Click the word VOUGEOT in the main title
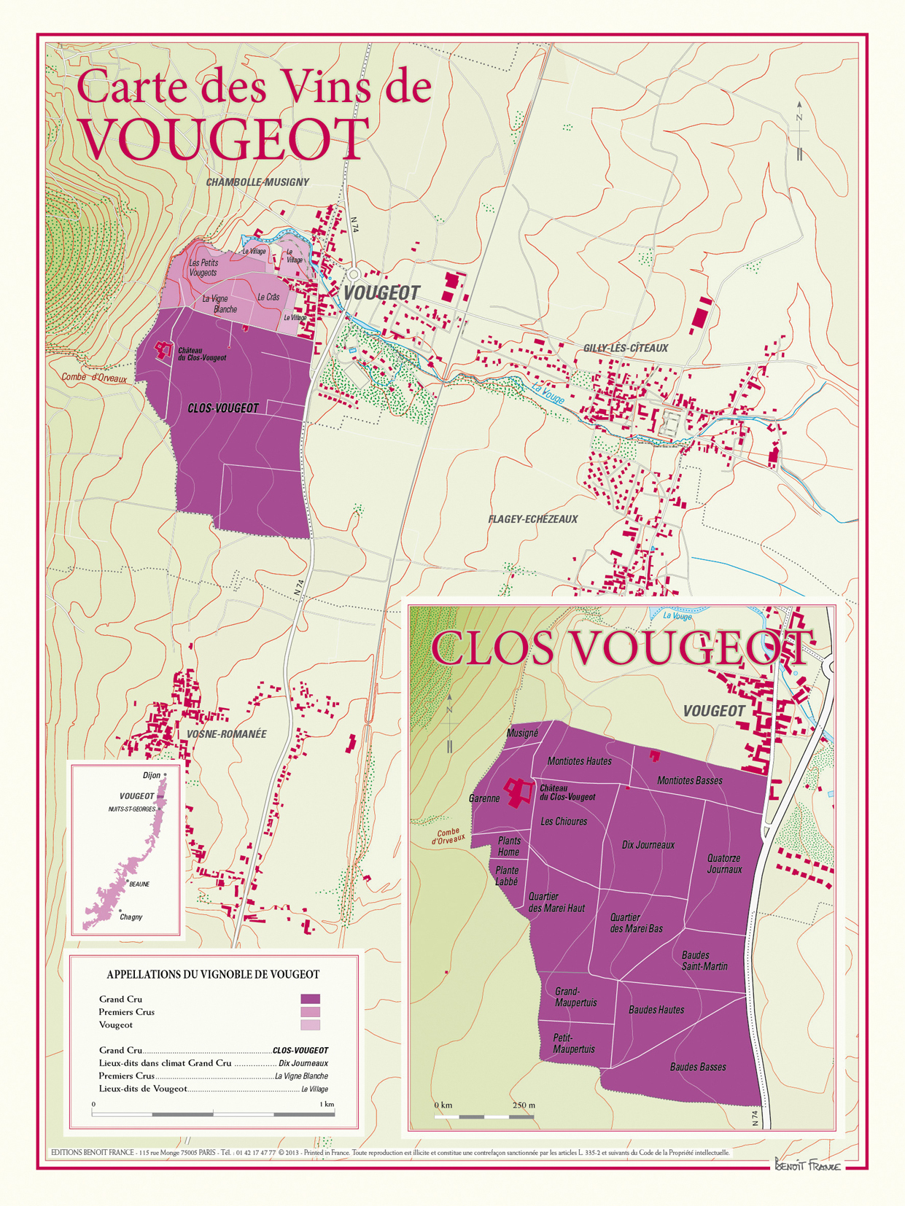coord(224,140)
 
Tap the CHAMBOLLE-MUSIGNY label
coord(257,182)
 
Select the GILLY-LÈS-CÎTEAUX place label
coord(625,349)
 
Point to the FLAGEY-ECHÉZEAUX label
coord(532,519)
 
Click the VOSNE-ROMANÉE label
coord(227,734)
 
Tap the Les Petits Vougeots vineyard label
coord(203,268)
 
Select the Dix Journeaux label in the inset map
coord(648,845)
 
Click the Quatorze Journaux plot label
coord(724,864)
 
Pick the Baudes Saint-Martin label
coord(704,961)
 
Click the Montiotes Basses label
coord(689,781)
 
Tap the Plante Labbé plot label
coord(507,876)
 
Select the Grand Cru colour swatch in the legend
coord(310,999)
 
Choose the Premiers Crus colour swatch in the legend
coord(310,1012)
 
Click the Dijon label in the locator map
coord(152,775)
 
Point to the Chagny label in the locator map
coord(131,917)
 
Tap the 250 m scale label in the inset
coord(524,1105)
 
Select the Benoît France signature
coord(807,1165)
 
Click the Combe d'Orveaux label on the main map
coord(93,378)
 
